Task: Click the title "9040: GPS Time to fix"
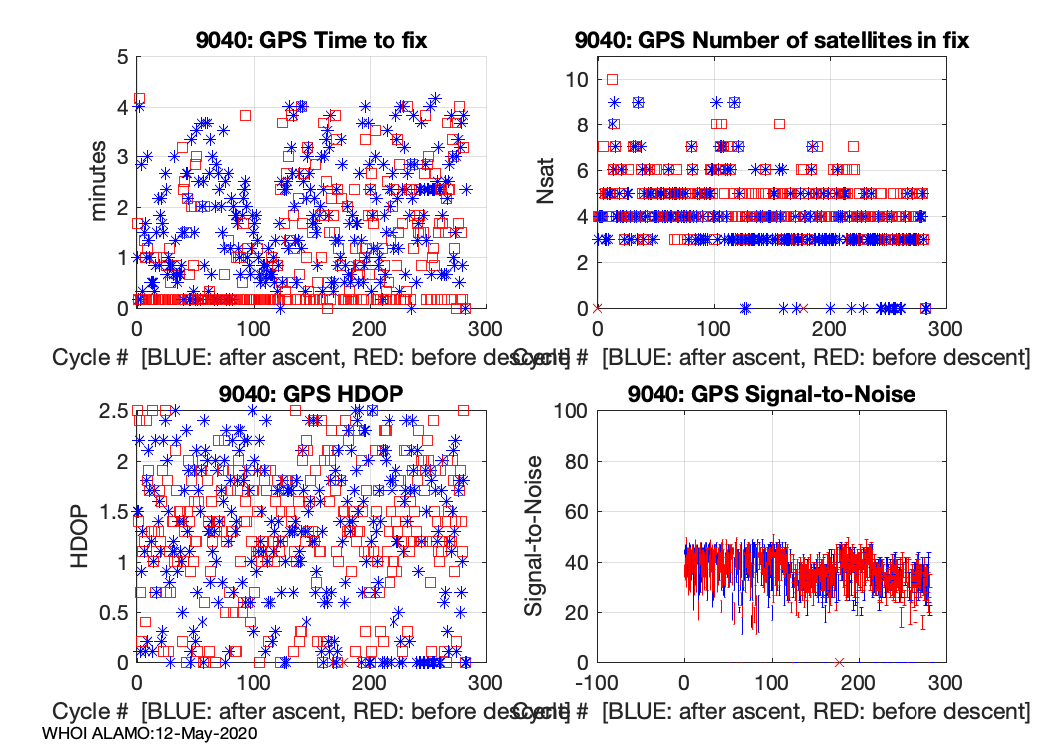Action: [313, 41]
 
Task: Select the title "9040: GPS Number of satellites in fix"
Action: [772, 41]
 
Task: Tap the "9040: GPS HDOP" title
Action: [313, 394]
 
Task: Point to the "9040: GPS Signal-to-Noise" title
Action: [772, 394]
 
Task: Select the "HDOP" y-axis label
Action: [83, 536]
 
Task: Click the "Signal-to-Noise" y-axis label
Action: [536, 536]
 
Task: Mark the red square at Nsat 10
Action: [613, 79]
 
